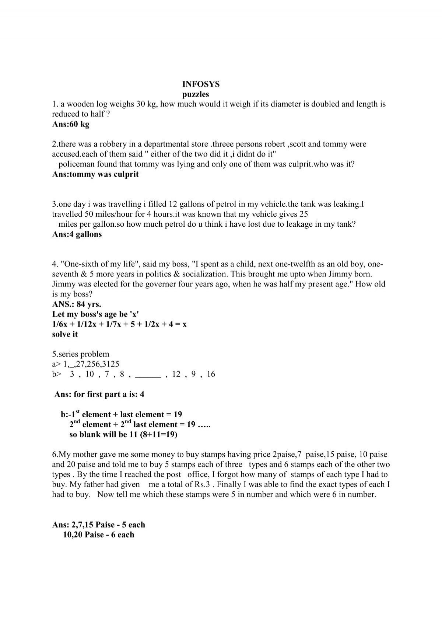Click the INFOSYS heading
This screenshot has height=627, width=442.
[x=201, y=84]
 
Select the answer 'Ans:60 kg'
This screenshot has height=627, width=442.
[x=71, y=124]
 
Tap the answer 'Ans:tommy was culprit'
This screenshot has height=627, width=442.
[x=95, y=174]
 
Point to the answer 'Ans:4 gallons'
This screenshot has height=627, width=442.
[x=77, y=234]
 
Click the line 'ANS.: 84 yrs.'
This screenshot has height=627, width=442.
[x=77, y=304]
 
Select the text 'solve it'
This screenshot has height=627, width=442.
[x=65, y=334]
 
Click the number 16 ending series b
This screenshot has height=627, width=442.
[x=211, y=374]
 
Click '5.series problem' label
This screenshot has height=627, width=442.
[x=81, y=354]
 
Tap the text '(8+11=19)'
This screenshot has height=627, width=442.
[x=158, y=434]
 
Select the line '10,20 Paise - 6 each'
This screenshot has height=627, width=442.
[x=99, y=534]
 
